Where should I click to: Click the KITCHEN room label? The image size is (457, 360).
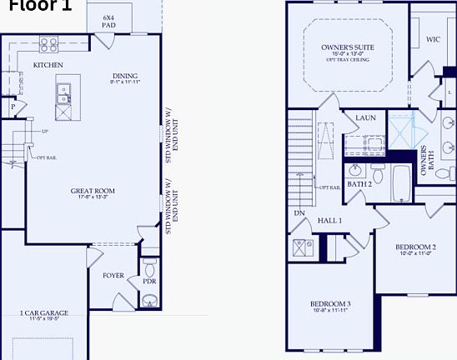tap(48, 64)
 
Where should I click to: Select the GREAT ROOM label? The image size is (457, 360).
tap(93, 191)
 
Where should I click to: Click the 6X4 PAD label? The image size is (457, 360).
tap(108, 21)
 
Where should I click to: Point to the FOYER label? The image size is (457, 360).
tap(113, 275)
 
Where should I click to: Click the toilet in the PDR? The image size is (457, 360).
tap(149, 270)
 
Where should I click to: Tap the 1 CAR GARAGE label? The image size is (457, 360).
tap(43, 313)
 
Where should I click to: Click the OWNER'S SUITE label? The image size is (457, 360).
tap(345, 49)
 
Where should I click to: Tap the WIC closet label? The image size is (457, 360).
tap(432, 39)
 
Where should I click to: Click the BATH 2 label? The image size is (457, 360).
tap(359, 183)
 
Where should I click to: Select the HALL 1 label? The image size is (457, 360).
tap(329, 220)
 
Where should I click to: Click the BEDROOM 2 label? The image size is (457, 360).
tap(415, 247)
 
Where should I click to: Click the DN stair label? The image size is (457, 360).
tap(299, 212)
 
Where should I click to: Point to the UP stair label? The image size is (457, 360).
tap(43, 132)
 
